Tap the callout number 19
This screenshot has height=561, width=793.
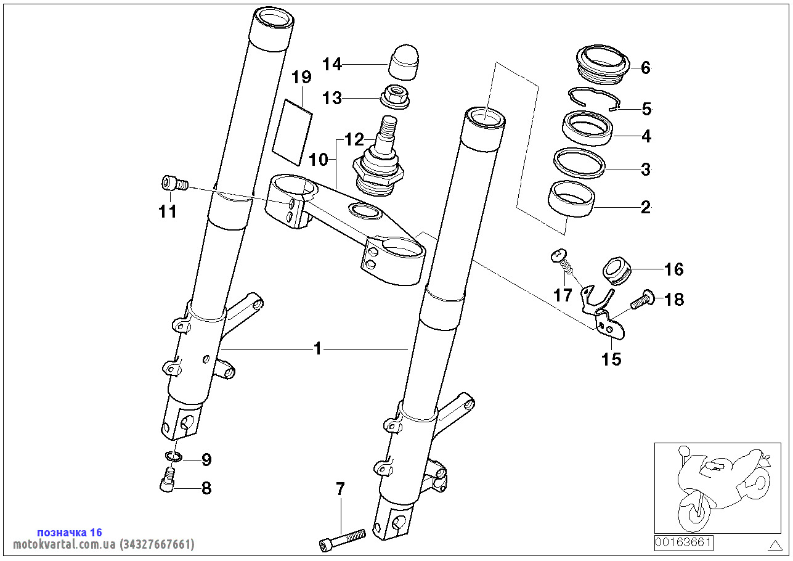(301, 77)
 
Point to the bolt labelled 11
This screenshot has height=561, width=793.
(173, 183)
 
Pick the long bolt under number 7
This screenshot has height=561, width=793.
(342, 538)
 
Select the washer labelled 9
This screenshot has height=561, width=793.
(174, 457)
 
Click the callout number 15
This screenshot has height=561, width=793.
(612, 359)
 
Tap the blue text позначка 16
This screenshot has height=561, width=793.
(70, 532)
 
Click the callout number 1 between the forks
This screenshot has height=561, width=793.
(318, 349)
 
